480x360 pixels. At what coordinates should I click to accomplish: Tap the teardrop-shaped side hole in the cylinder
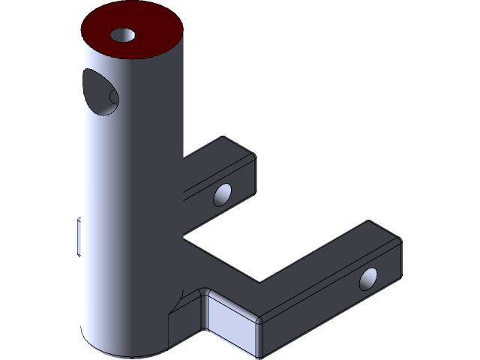point(96,89)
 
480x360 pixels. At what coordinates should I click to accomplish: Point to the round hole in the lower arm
point(369,279)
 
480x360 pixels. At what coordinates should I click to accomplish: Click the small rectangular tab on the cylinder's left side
point(80,236)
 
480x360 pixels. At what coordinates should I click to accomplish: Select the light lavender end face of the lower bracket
point(232,323)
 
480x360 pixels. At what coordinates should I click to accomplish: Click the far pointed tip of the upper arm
point(223,137)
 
